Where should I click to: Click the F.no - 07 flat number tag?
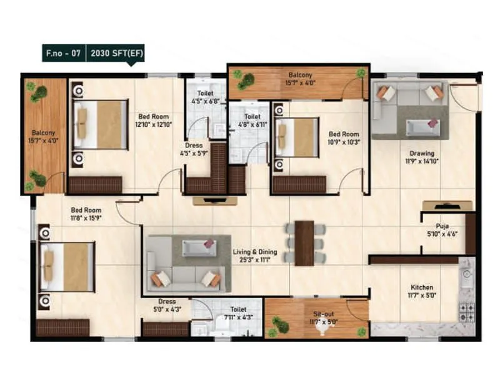[62, 53]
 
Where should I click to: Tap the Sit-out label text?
[323, 319]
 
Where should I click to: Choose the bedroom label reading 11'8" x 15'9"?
[86, 214]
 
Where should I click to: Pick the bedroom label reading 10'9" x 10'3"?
[344, 137]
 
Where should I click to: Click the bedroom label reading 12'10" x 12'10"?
[153, 120]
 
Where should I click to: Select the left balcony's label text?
[44, 136]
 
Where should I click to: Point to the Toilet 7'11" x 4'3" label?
[237, 312]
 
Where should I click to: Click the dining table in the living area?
[304, 242]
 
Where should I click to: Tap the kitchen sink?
[466, 273]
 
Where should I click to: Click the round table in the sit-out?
[322, 329]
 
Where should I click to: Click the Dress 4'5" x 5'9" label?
[193, 149]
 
